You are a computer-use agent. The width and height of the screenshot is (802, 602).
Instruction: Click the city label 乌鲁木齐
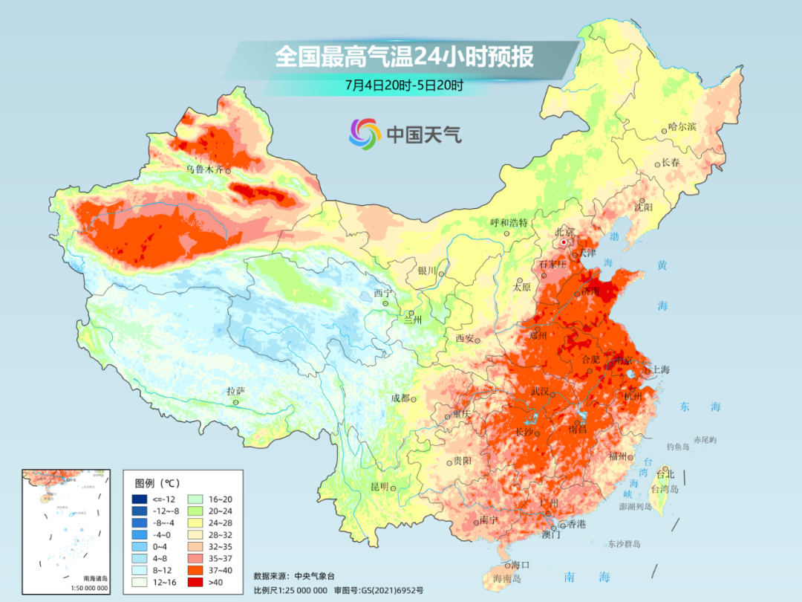204,169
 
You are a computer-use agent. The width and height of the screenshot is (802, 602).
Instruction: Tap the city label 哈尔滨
682,127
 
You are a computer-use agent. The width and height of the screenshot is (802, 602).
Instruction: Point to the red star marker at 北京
564,242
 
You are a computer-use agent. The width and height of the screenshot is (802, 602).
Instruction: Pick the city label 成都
400,398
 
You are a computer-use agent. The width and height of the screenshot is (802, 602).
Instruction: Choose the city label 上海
660,369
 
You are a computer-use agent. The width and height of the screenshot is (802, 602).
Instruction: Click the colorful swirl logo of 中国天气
365,133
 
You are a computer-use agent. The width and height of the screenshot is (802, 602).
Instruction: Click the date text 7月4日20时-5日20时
404,85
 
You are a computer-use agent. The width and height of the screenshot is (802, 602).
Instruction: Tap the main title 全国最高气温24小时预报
404,56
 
